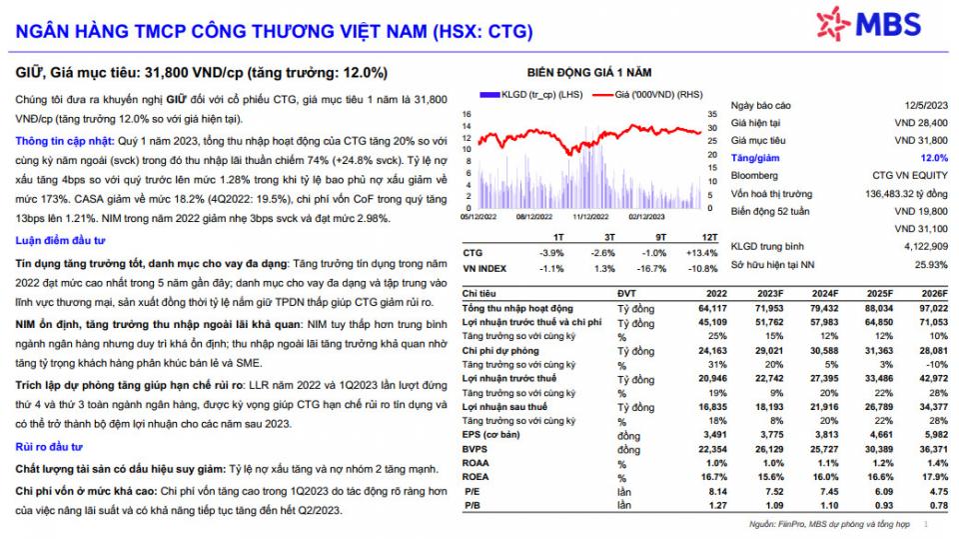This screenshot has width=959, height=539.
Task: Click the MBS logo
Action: (x=868, y=23)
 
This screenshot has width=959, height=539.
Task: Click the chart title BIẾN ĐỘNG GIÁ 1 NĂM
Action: (x=589, y=73)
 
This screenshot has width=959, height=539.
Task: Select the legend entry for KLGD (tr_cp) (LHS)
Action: (x=530, y=95)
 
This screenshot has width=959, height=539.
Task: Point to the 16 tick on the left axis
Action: (x=467, y=115)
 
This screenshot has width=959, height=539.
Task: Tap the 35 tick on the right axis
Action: (x=712, y=115)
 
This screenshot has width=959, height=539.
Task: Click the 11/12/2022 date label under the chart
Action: (x=590, y=217)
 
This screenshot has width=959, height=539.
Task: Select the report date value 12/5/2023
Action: (x=926, y=105)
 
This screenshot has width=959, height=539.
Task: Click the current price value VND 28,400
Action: (x=920, y=123)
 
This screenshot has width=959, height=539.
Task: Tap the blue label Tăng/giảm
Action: (x=755, y=158)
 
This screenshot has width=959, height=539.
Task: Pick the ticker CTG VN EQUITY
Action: (x=909, y=176)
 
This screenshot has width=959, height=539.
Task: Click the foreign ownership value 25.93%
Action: (x=931, y=265)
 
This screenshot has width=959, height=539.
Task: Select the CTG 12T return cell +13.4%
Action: (x=701, y=253)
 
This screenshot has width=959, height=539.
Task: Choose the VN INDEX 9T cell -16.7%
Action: (x=652, y=269)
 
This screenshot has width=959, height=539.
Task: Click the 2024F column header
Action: (x=825, y=294)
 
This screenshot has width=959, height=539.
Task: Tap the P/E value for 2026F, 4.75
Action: (x=939, y=492)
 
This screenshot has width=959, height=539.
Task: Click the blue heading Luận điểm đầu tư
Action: (x=60, y=241)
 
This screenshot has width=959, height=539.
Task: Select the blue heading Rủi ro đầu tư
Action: (x=48, y=447)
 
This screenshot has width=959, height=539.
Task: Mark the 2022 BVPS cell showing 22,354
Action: (x=712, y=450)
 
